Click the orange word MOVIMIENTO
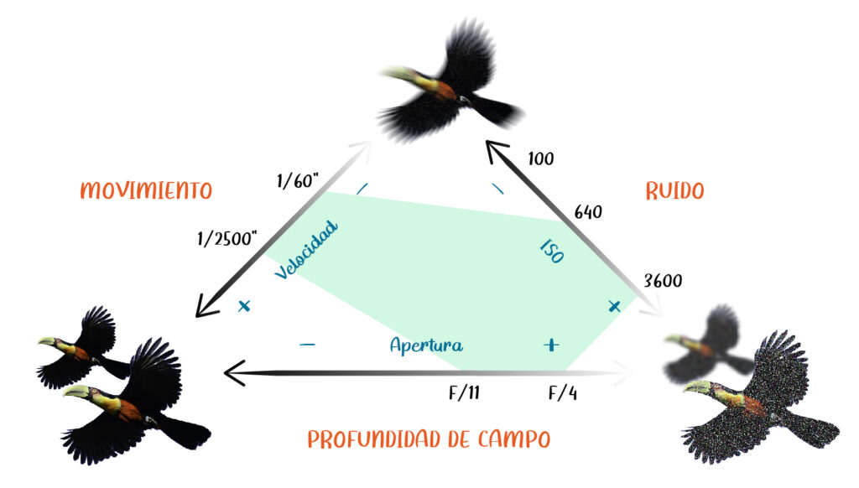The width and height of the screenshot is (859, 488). coord(146,190)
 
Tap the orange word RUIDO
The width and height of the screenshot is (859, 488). coord(674,190)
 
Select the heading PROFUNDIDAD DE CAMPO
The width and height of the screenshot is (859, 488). coord(429,439)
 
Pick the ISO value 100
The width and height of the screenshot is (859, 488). coord(541,158)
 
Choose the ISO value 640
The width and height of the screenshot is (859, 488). coord(587,212)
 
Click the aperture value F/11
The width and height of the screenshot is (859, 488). coord(465,391)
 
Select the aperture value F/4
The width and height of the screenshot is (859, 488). coord(562,391)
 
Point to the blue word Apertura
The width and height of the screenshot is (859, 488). coord(426,345)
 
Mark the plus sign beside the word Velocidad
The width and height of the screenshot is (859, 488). coord(244,307)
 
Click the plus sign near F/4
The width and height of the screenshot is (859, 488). coord(550,344)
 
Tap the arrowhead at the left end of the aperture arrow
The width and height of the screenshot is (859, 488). coord(232,370)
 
